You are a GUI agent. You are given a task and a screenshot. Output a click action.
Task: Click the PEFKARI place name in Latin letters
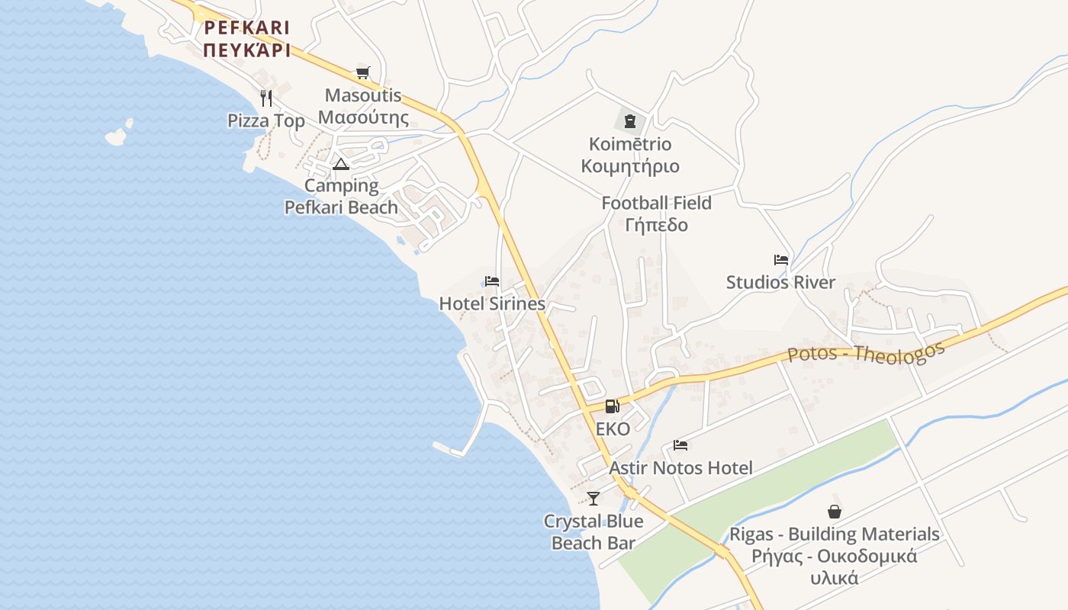[x=246, y=28]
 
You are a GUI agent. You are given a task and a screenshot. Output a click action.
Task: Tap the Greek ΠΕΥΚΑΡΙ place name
[x=246, y=50]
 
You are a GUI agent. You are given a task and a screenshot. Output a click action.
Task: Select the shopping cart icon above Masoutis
[x=363, y=73]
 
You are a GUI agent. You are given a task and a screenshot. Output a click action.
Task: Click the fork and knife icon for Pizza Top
[x=266, y=98]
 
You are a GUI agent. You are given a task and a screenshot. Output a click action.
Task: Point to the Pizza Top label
[x=266, y=120]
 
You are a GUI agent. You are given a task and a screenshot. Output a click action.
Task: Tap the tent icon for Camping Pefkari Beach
[x=341, y=164]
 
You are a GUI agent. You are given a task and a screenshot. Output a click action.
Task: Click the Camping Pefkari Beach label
[x=341, y=197]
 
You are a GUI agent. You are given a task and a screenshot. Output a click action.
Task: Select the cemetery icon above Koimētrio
[x=630, y=121]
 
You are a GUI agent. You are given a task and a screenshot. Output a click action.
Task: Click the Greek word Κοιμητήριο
[x=630, y=166]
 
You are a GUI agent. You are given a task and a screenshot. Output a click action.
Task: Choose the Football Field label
[x=656, y=204]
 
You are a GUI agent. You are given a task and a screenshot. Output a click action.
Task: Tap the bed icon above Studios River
[x=780, y=260]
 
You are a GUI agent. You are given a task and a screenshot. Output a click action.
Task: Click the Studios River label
[x=780, y=282]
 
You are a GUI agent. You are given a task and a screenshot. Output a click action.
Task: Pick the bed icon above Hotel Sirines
[x=492, y=281]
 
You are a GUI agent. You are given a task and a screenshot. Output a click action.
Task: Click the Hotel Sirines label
[x=492, y=303]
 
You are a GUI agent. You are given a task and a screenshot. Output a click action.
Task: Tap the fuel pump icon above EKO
[x=612, y=406]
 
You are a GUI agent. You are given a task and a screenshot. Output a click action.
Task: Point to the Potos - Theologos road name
[x=866, y=353]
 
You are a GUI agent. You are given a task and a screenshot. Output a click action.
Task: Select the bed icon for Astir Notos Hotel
[x=680, y=445]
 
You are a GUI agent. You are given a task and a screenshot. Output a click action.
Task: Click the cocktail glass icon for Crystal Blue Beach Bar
[x=594, y=499]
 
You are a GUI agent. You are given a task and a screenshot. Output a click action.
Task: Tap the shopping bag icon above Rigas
[x=835, y=512]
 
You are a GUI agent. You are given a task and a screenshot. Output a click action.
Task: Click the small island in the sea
[x=116, y=136]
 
